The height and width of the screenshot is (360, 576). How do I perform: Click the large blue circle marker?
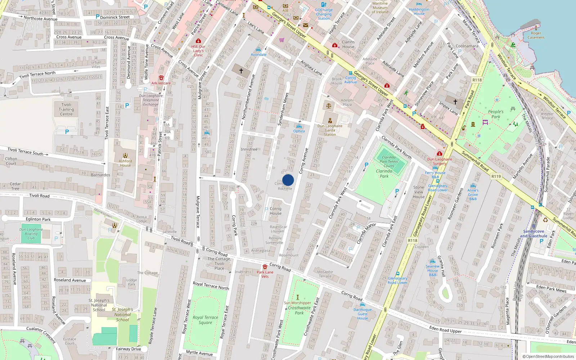pyautogui.click(x=288, y=180)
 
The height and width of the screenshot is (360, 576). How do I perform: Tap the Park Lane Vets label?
pyautogui.click(x=265, y=274)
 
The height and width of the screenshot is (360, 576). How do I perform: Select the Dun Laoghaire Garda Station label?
pyautogui.click(x=330, y=130)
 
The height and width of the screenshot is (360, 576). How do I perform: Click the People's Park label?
pyautogui.click(x=496, y=114)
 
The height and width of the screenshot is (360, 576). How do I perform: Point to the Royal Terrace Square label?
pyautogui.click(x=205, y=320)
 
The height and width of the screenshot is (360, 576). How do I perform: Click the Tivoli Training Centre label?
pyautogui.click(x=66, y=109)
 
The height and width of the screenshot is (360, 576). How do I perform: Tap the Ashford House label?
pyautogui.click(x=125, y=163)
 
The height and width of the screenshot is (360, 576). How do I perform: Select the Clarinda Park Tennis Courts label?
pyautogui.click(x=389, y=162)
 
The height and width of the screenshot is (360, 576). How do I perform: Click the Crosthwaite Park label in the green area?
pyautogui.click(x=299, y=310)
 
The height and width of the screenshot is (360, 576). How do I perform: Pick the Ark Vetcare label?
pyautogui.click(x=161, y=83)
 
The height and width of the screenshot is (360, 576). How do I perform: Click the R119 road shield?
pyautogui.click(x=496, y=176)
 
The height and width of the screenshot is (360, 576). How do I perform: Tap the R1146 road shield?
pyautogui.click(x=413, y=240)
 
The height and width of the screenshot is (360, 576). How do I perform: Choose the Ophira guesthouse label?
pyautogui.click(x=299, y=131)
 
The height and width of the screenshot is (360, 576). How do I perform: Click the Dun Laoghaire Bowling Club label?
pyautogui.click(x=31, y=234)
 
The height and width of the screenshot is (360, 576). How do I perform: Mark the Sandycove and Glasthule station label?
pyautogui.click(x=534, y=234)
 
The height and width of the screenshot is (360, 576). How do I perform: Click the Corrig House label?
pyautogui.click(x=275, y=211)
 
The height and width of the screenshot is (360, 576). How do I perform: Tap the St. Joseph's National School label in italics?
pyautogui.click(x=122, y=314)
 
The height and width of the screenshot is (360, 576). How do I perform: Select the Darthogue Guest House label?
pyautogui.click(x=363, y=314)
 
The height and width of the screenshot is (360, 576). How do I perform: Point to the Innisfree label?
pyautogui.click(x=249, y=149)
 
